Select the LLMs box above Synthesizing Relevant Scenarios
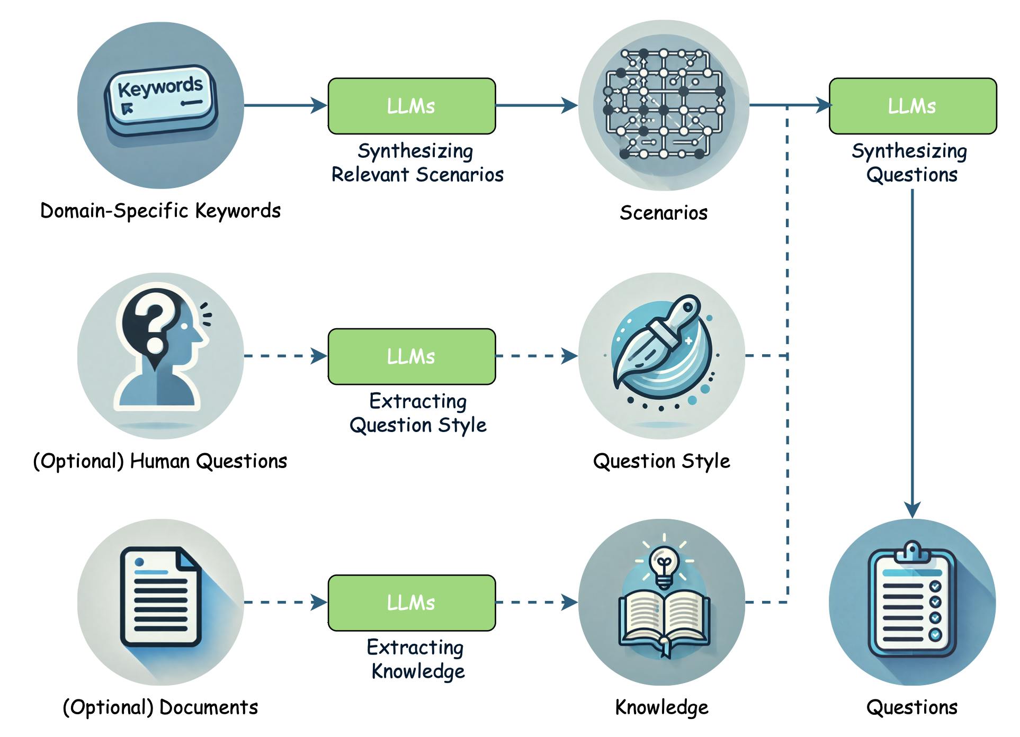pos(411,106)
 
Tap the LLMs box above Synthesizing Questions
pos(912,106)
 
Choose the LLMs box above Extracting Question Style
pos(411,356)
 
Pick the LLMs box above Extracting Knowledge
pos(411,603)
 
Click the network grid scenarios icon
pos(664,105)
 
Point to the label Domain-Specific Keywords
pos(160,211)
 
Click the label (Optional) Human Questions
pos(160,461)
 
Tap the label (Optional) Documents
pos(160,707)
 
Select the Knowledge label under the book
pos(661,707)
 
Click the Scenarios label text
pos(664,213)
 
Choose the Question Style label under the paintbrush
pos(661,461)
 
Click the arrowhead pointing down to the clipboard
pos(912,509)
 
